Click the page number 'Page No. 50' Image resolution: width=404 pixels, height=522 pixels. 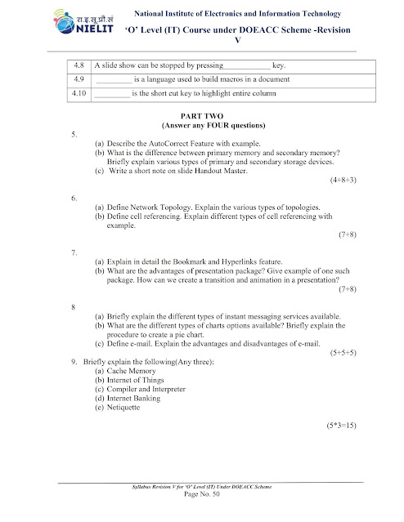(202, 497)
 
